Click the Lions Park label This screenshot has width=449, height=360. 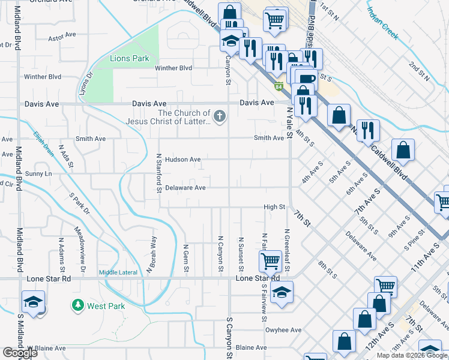(129, 59)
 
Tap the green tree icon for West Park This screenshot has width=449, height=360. (77, 305)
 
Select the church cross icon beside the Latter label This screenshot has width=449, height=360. (220, 116)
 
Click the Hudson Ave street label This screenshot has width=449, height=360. (182, 160)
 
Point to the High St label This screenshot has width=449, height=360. (274, 207)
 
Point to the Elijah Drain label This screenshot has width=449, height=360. (44, 144)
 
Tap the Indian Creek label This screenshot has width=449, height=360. (382, 23)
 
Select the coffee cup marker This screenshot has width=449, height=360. (306, 78)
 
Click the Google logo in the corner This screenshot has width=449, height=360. (20, 353)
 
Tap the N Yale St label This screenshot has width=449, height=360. (289, 124)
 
